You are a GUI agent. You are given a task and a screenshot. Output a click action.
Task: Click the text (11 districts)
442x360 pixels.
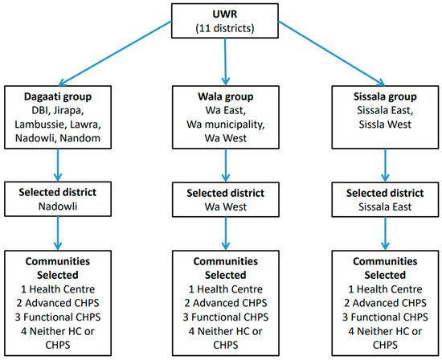click(220, 30)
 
